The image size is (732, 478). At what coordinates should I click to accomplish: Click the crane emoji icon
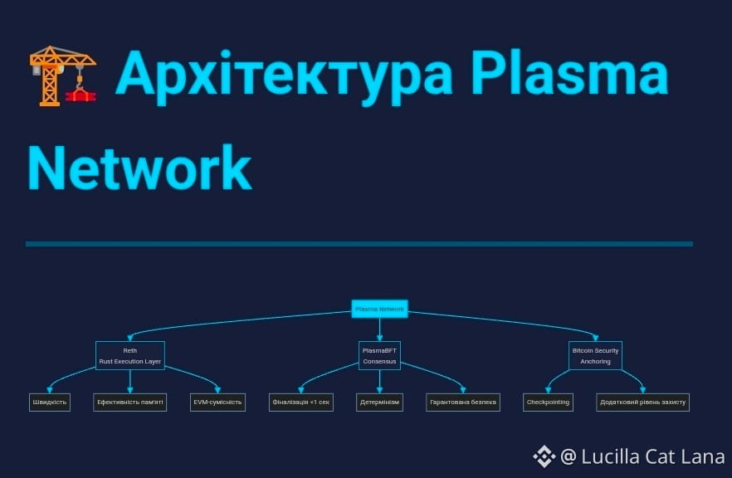[x=63, y=76]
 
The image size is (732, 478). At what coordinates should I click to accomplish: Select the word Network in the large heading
[x=139, y=168]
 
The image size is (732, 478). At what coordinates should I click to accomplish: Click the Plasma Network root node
[x=379, y=310]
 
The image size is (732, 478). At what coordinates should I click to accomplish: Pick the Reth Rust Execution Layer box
[x=130, y=355]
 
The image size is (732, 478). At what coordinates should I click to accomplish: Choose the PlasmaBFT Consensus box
[x=379, y=355]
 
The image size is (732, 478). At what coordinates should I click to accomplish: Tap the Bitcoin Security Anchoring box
[x=595, y=355]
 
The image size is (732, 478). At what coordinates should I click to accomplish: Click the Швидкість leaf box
[x=50, y=402]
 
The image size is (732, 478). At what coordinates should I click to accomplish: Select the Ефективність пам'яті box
[x=130, y=402]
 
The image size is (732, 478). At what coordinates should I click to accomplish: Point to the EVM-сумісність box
[x=217, y=402]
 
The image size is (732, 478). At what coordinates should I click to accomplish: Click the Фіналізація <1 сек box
[x=301, y=402]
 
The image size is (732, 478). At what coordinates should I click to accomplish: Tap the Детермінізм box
[x=379, y=402]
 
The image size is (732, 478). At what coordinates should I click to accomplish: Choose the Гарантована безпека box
[x=463, y=402]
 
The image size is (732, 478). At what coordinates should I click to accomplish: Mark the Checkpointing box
[x=548, y=402]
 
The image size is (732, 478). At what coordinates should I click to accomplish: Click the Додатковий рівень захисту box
[x=643, y=402]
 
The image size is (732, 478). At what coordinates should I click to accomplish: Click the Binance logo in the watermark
[x=544, y=456]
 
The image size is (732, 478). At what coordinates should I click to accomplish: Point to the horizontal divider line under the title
[x=359, y=244]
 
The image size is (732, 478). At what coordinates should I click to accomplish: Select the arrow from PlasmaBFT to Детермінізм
[x=379, y=382]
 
